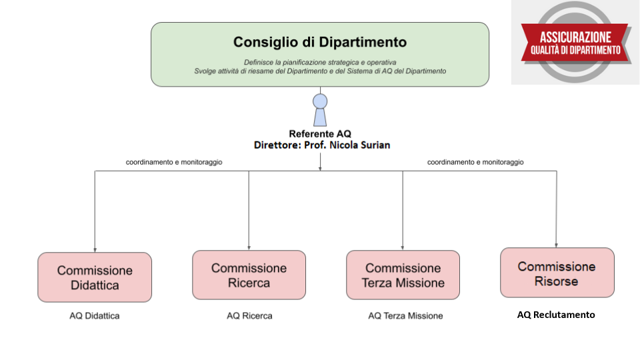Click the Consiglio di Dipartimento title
click(x=320, y=42)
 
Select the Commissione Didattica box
click(x=95, y=277)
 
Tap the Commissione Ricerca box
click(x=249, y=275)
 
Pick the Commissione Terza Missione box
click(x=403, y=275)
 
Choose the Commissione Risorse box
click(x=557, y=273)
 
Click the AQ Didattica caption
click(x=95, y=316)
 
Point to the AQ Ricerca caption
click(x=249, y=316)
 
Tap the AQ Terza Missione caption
click(x=405, y=316)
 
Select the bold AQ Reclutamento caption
click(x=556, y=315)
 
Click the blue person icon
click(x=320, y=110)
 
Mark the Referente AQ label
click(x=320, y=134)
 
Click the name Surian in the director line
click(x=375, y=145)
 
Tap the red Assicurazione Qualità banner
click(x=575, y=43)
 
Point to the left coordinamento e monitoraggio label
click(x=174, y=162)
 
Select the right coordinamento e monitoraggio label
click(x=475, y=162)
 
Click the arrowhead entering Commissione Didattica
click(x=95, y=250)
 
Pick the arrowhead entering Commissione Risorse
click(x=556, y=245)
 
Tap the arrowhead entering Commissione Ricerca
click(x=249, y=248)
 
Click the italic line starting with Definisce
click(x=320, y=63)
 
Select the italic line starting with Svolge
click(x=320, y=71)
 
